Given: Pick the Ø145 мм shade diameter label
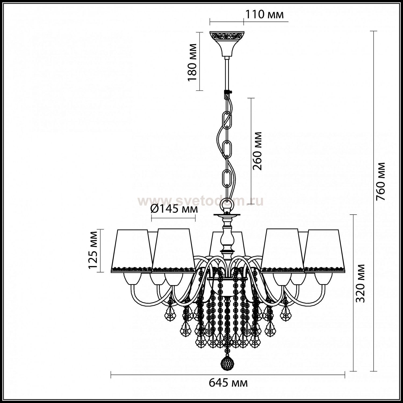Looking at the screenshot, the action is [174, 208].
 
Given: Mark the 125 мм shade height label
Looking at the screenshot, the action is [93, 250].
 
